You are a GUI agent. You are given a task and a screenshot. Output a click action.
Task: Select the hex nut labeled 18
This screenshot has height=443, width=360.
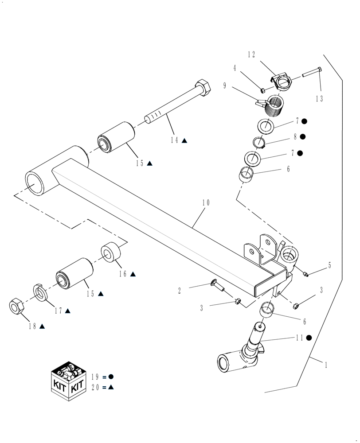pyautogui.click(x=17, y=307)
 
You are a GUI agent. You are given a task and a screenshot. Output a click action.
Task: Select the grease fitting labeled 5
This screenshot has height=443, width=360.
pyautogui.click(x=305, y=274)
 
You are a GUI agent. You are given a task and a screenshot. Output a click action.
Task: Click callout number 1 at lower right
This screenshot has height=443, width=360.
pyautogui.click(x=326, y=365)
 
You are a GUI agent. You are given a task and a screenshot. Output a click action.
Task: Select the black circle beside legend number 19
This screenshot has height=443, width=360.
pyautogui.click(x=111, y=377)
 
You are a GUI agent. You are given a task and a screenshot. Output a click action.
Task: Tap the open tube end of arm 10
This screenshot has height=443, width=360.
pyautogui.click(x=35, y=182)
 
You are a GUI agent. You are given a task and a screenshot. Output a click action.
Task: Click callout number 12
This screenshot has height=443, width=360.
pyautogui.click(x=251, y=54)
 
